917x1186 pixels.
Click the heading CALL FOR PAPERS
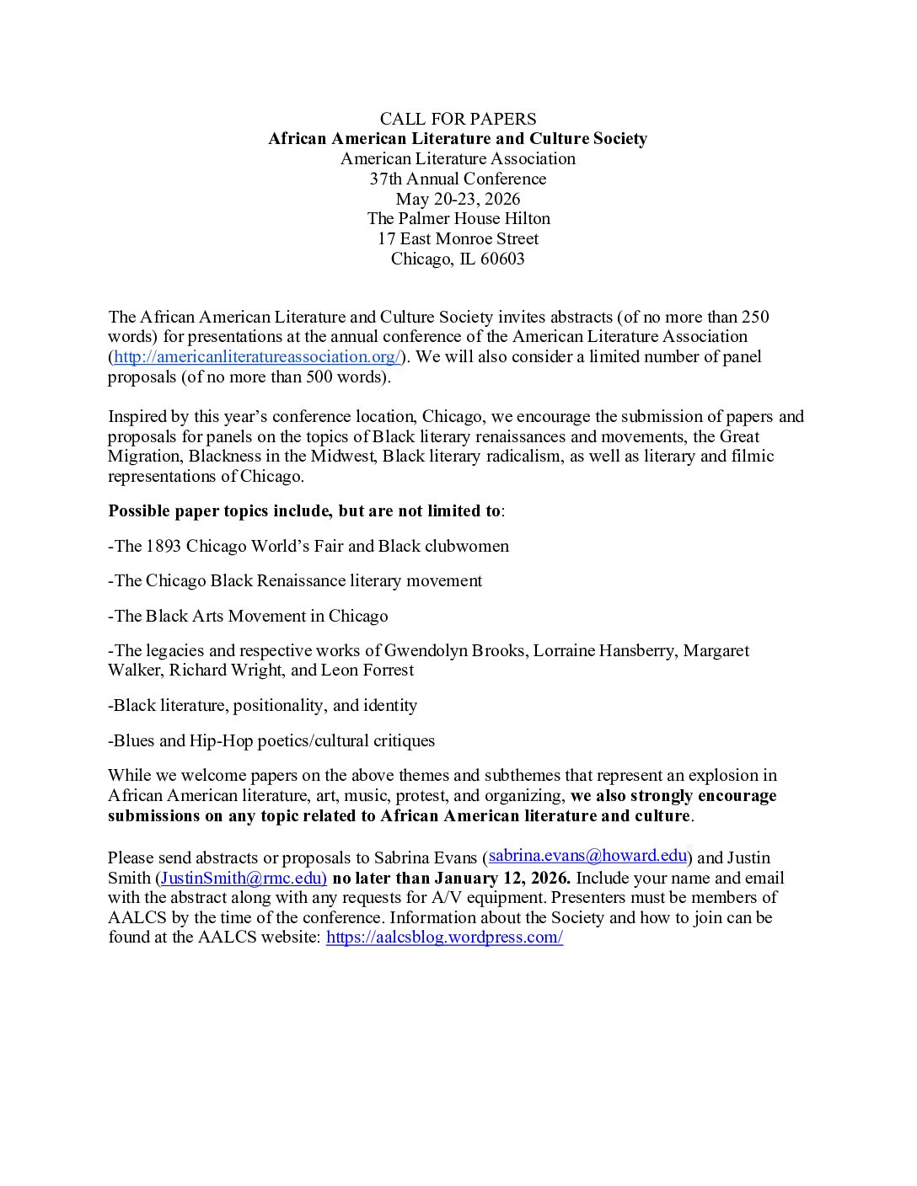(458, 119)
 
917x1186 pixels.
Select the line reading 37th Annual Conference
(458, 179)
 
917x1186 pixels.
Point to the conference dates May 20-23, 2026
(458, 199)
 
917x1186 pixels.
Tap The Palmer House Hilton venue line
(458, 218)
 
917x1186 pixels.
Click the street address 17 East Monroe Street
(458, 238)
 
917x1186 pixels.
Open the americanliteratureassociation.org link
(256, 356)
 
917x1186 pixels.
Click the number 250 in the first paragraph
(754, 318)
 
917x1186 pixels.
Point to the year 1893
(164, 546)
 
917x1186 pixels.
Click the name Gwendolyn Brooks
(456, 650)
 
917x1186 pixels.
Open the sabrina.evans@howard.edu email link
(587, 856)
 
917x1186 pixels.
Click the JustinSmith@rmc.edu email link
(241, 878)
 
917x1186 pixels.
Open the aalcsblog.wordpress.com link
(444, 938)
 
